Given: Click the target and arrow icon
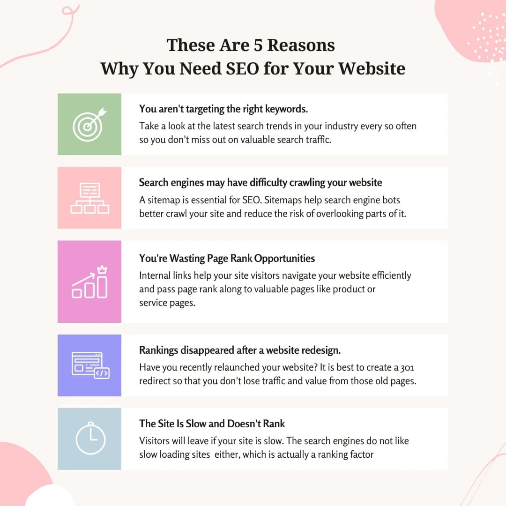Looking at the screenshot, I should tap(89, 124).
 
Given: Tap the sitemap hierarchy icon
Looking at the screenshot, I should tap(89, 198).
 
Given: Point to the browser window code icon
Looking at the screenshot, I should tap(90, 365).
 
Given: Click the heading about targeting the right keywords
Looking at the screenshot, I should tap(223, 109).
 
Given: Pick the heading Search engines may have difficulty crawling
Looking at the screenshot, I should tap(260, 183).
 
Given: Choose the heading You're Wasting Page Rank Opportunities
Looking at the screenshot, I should tap(227, 258).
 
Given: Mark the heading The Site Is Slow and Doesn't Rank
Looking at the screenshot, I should tap(212, 424).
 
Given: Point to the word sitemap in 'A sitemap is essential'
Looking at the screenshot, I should tap(165, 200).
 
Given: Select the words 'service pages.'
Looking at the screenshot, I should tap(167, 303).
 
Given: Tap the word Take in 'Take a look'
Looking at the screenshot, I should tap(149, 126).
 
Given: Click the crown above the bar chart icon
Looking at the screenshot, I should tap(102, 269).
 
